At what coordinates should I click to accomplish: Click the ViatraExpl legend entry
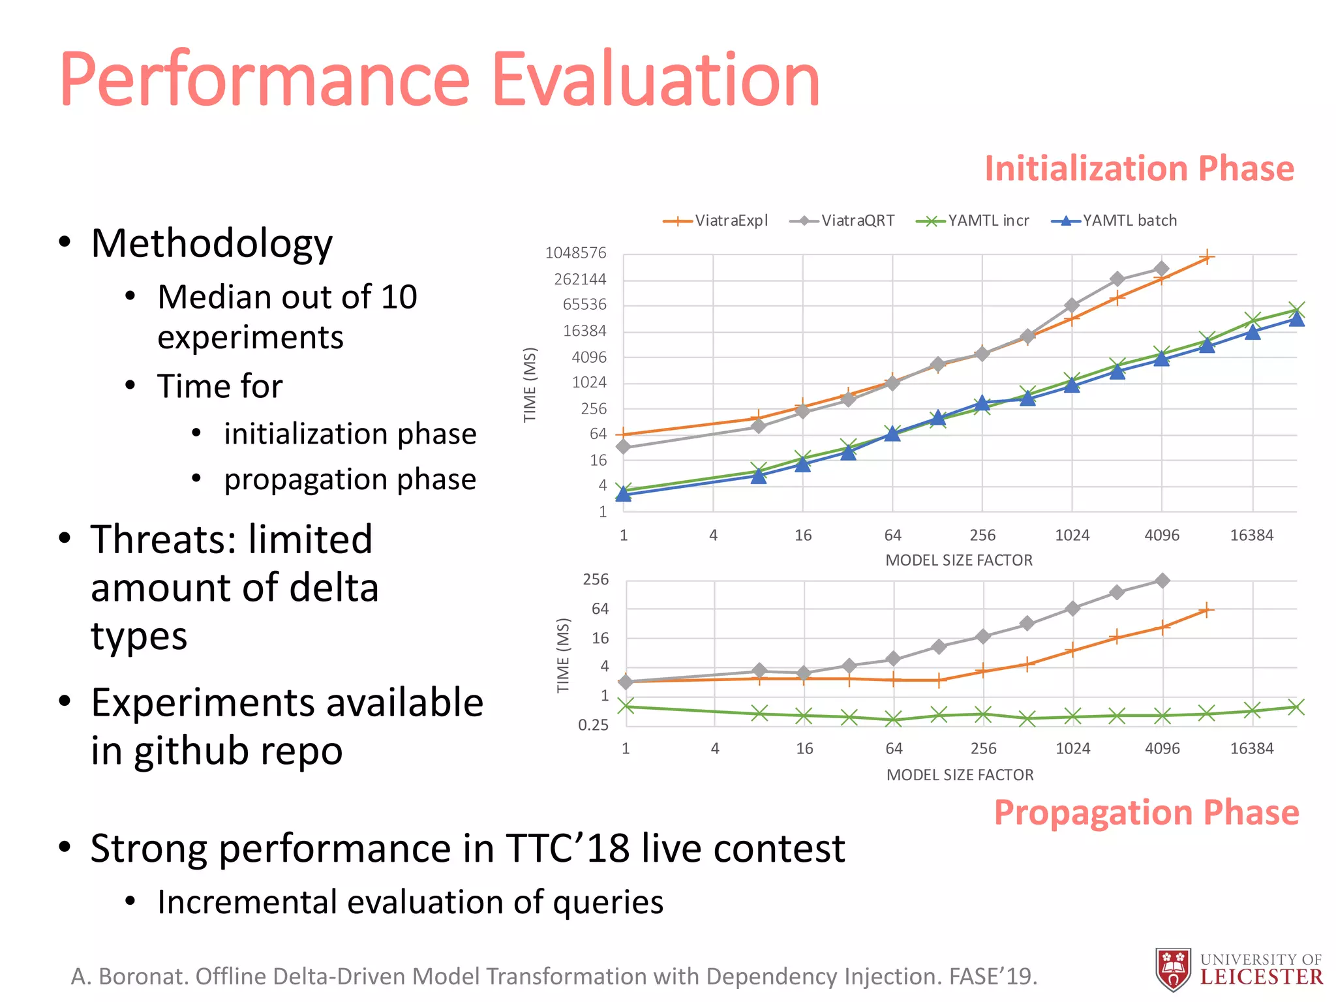coord(716,220)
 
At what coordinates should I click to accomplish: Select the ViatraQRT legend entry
coord(842,220)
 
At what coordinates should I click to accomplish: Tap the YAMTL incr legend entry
coord(973,220)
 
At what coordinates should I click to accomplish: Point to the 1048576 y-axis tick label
coord(575,253)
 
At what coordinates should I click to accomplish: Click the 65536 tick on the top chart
coord(584,305)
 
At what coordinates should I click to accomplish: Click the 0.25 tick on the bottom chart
coord(593,725)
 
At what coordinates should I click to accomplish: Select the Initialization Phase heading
coord(1139,168)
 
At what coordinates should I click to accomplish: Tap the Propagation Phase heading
coord(1146,813)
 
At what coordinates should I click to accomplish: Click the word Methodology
coord(212,243)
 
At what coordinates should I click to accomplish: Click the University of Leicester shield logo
coord(1173,969)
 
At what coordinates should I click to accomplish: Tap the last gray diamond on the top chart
coord(1161,269)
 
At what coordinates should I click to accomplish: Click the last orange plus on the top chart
coord(1207,258)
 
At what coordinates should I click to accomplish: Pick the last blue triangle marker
coord(1297,318)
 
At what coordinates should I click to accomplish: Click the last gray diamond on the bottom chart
coord(1162,581)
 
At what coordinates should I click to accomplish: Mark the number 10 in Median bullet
coord(399,297)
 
